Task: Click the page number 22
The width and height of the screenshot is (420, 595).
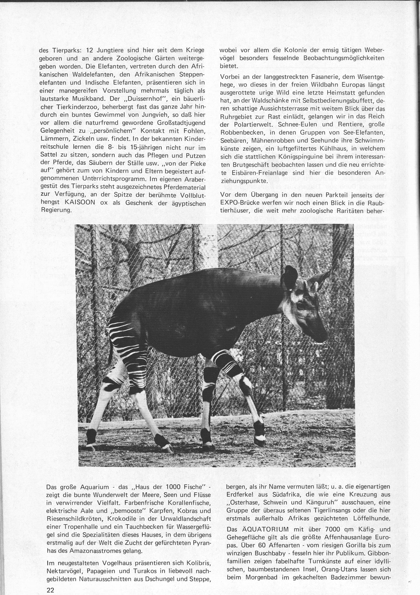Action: tap(50, 588)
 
